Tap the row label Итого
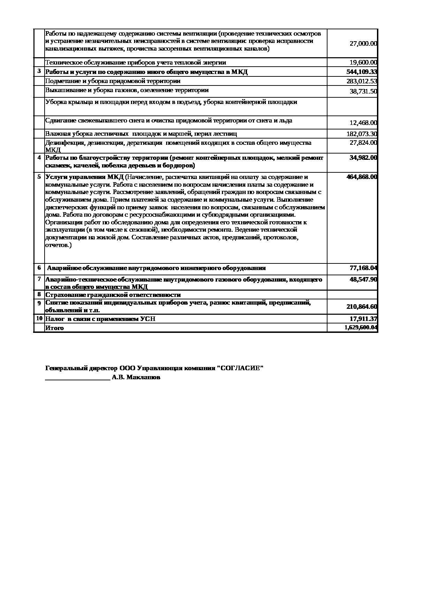pos(55,328)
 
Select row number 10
pos(39,318)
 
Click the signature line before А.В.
pos(78,378)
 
